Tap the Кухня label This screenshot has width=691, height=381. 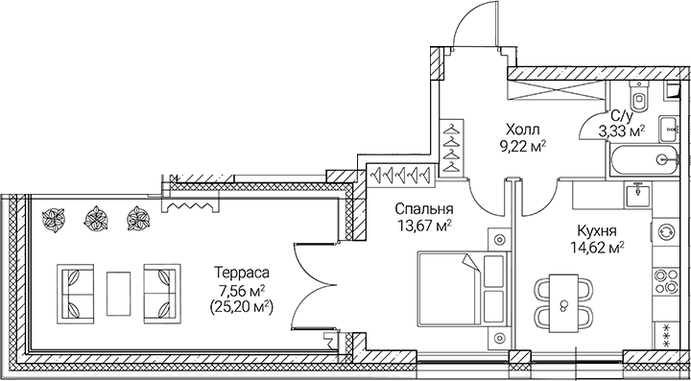(597, 230)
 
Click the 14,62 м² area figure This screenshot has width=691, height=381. (597, 248)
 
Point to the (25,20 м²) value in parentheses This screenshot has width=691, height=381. (240, 307)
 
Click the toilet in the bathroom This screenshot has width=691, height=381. (638, 98)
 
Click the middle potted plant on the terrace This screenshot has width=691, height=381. (96, 219)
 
